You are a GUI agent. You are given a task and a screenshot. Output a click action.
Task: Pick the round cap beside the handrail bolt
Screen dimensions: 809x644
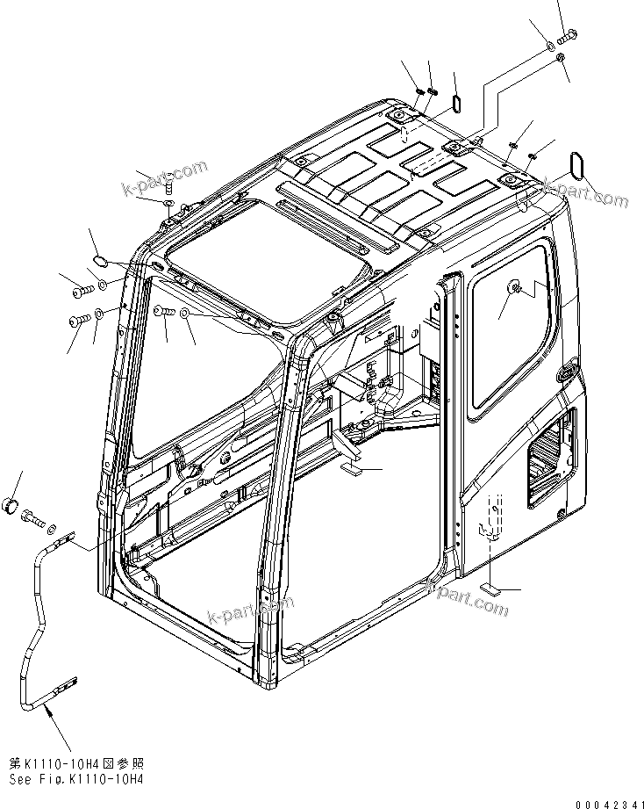coord(13,507)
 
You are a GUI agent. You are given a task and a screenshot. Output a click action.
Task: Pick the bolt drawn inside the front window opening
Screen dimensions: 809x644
coord(164,310)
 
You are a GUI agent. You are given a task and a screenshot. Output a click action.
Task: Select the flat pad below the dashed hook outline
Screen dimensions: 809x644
coord(493,589)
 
